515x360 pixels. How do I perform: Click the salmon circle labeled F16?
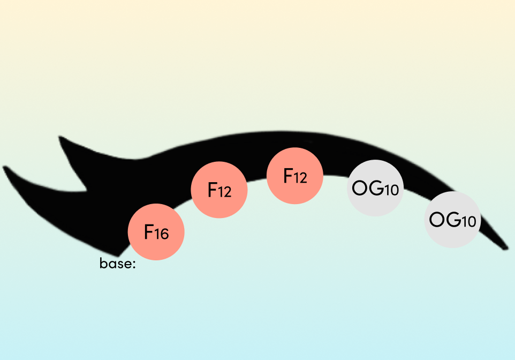coord(156,232)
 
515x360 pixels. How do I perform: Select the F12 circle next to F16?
coord(219,190)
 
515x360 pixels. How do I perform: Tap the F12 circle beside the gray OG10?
coord(295,176)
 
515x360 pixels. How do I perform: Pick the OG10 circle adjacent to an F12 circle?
coord(375,188)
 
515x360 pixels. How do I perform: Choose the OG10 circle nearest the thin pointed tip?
coord(452,220)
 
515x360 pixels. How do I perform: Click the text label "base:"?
coord(117,264)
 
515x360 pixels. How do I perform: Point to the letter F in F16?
coord(149,232)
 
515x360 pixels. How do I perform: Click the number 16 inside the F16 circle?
coord(162,234)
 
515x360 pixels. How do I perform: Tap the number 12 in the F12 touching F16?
coord(225,191)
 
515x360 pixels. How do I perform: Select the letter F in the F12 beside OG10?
coord(289,176)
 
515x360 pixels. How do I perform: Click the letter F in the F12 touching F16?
coord(213,190)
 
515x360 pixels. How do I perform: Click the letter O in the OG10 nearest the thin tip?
coord(437,220)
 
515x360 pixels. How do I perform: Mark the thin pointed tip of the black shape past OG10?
coord(506,249)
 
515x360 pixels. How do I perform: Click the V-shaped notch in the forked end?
coord(86,189)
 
